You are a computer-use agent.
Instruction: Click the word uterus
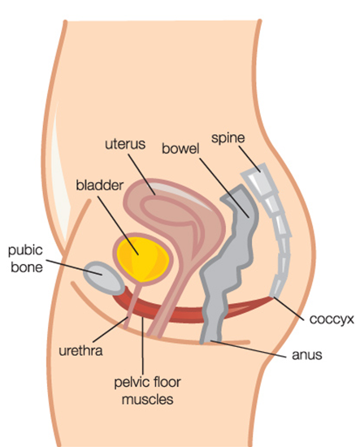point(125,144)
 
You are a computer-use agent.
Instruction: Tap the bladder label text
point(99,185)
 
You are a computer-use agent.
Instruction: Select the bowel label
point(180,149)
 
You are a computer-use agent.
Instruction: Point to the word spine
point(228,138)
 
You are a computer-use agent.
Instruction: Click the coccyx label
point(332,319)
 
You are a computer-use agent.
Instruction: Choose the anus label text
point(306,355)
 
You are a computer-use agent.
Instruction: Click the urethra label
point(80,351)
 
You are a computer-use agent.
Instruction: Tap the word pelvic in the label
point(130,383)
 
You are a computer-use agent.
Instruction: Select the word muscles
point(148,399)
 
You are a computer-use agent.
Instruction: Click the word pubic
point(25,251)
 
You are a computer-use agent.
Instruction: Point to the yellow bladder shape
point(141,258)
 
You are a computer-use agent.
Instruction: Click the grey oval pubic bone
point(104,278)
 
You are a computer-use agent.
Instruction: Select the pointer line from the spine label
point(249,159)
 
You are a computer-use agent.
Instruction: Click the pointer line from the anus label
point(248,349)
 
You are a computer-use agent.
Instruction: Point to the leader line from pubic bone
point(74,267)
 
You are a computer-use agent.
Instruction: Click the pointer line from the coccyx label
point(288,309)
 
